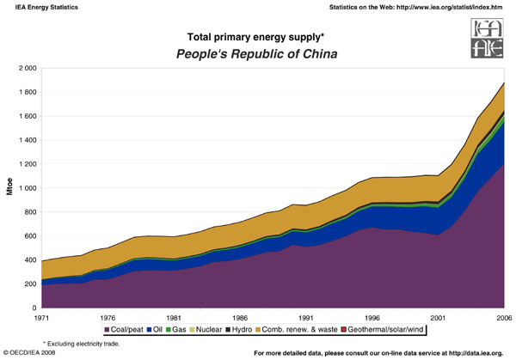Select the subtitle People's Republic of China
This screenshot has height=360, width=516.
(255, 53)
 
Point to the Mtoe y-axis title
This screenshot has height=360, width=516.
(10, 187)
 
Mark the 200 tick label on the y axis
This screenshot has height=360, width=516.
(29, 284)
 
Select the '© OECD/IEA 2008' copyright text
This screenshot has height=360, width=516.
(35, 353)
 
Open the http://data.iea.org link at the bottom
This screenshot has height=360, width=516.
(483, 353)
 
